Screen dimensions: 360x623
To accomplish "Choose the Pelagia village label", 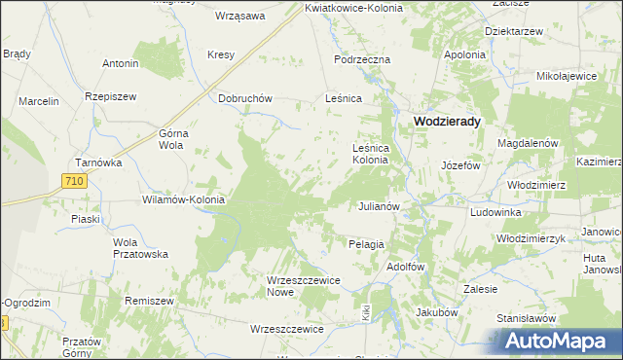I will [366, 244].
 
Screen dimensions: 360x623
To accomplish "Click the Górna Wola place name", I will [170, 139].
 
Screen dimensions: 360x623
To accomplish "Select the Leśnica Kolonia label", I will [376, 153].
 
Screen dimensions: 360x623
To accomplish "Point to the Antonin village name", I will [121, 63].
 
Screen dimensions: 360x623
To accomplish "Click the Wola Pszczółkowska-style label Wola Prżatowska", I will [140, 248].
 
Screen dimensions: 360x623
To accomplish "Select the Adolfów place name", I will [408, 266].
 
